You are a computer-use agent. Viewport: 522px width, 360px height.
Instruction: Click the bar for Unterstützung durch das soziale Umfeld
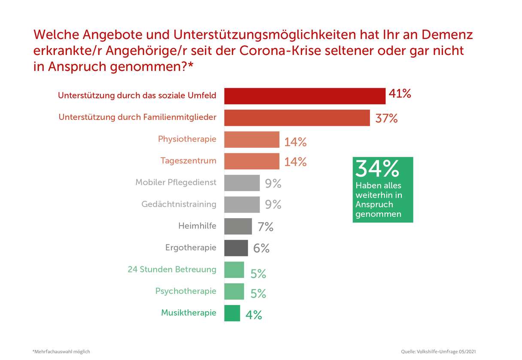[x=305, y=96]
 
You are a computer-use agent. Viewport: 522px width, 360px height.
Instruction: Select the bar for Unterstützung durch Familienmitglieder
[x=297, y=118]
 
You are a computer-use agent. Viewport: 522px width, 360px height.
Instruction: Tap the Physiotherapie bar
[x=252, y=140]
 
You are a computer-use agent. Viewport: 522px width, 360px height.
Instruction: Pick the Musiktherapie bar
[x=232, y=313]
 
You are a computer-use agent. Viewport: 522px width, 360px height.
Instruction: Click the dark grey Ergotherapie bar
[x=236, y=248]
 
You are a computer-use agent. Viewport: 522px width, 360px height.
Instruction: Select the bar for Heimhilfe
[x=238, y=226]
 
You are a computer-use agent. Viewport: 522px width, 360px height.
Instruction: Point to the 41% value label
[x=400, y=94]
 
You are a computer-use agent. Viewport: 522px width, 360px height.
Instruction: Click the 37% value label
[x=386, y=119]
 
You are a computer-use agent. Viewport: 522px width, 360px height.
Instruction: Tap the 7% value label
[x=265, y=227]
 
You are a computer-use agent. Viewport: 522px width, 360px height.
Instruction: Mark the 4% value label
[x=254, y=315]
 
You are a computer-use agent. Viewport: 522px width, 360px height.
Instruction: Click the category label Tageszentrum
[x=188, y=161]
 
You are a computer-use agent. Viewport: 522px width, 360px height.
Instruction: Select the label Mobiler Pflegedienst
[x=176, y=182]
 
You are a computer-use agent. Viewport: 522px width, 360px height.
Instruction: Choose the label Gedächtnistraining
[x=179, y=204]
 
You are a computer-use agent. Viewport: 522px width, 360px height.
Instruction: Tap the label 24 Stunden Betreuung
[x=172, y=269]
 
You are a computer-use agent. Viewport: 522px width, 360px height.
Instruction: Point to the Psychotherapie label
[x=186, y=291]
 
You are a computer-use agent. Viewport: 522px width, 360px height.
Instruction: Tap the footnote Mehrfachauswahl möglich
[x=61, y=351]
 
